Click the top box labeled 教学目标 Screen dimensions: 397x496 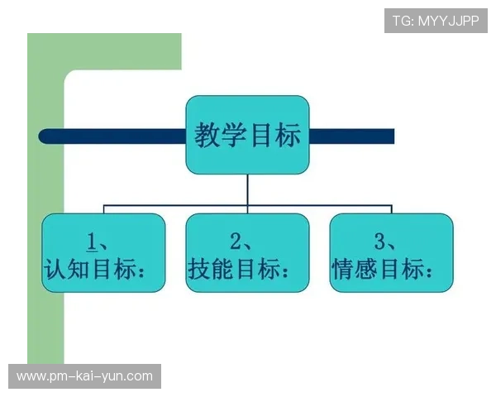(247, 135)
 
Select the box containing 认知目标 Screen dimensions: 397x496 (103, 252)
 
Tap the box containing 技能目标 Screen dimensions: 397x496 (247, 252)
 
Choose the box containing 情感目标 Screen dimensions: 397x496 (391, 252)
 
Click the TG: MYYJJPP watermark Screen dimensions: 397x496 (436, 21)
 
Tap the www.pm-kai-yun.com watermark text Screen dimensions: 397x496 (85, 376)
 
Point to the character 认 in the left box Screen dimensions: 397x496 (55, 268)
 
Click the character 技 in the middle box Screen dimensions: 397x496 (199, 268)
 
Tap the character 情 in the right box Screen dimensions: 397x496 (343, 268)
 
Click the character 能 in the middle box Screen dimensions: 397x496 (223, 268)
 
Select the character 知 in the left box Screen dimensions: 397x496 (79, 268)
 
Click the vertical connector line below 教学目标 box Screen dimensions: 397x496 (247, 189)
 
